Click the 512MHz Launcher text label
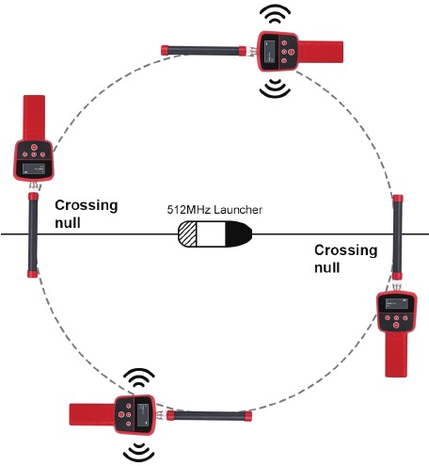[214, 210]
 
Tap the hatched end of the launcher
[187, 233]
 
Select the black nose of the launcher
[238, 233]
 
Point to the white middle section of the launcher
[211, 233]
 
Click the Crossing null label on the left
[87, 214]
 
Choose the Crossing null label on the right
[345, 259]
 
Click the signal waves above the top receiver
[275, 14]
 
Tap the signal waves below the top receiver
[275, 88]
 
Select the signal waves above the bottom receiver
[139, 378]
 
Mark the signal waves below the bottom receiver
[139, 453]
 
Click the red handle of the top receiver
[321, 52]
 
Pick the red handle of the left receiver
[34, 118]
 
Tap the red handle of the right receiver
[396, 354]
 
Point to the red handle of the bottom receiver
[92, 414]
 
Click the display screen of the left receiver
[34, 169]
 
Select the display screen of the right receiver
[397, 303]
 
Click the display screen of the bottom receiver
[143, 415]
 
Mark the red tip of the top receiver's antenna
[165, 51]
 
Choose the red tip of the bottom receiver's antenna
[248, 416]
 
